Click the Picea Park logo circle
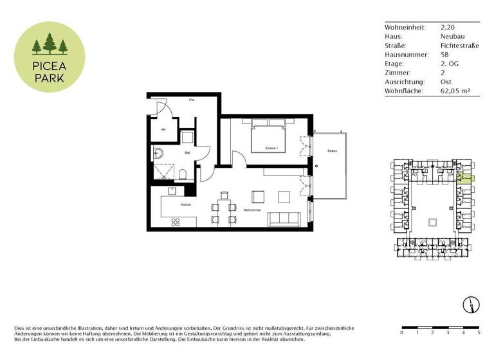tap(50, 55)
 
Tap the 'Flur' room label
tap(191, 100)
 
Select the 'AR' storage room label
tap(163, 129)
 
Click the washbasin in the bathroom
tap(158, 153)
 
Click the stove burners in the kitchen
tap(174, 222)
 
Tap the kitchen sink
tap(172, 191)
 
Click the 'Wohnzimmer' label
tap(252, 210)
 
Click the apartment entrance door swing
tap(160, 107)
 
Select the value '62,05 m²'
tap(455, 91)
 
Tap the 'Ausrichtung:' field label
tap(404, 82)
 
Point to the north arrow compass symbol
tap(472, 303)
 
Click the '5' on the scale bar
tap(479, 333)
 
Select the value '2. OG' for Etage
tap(450, 64)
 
